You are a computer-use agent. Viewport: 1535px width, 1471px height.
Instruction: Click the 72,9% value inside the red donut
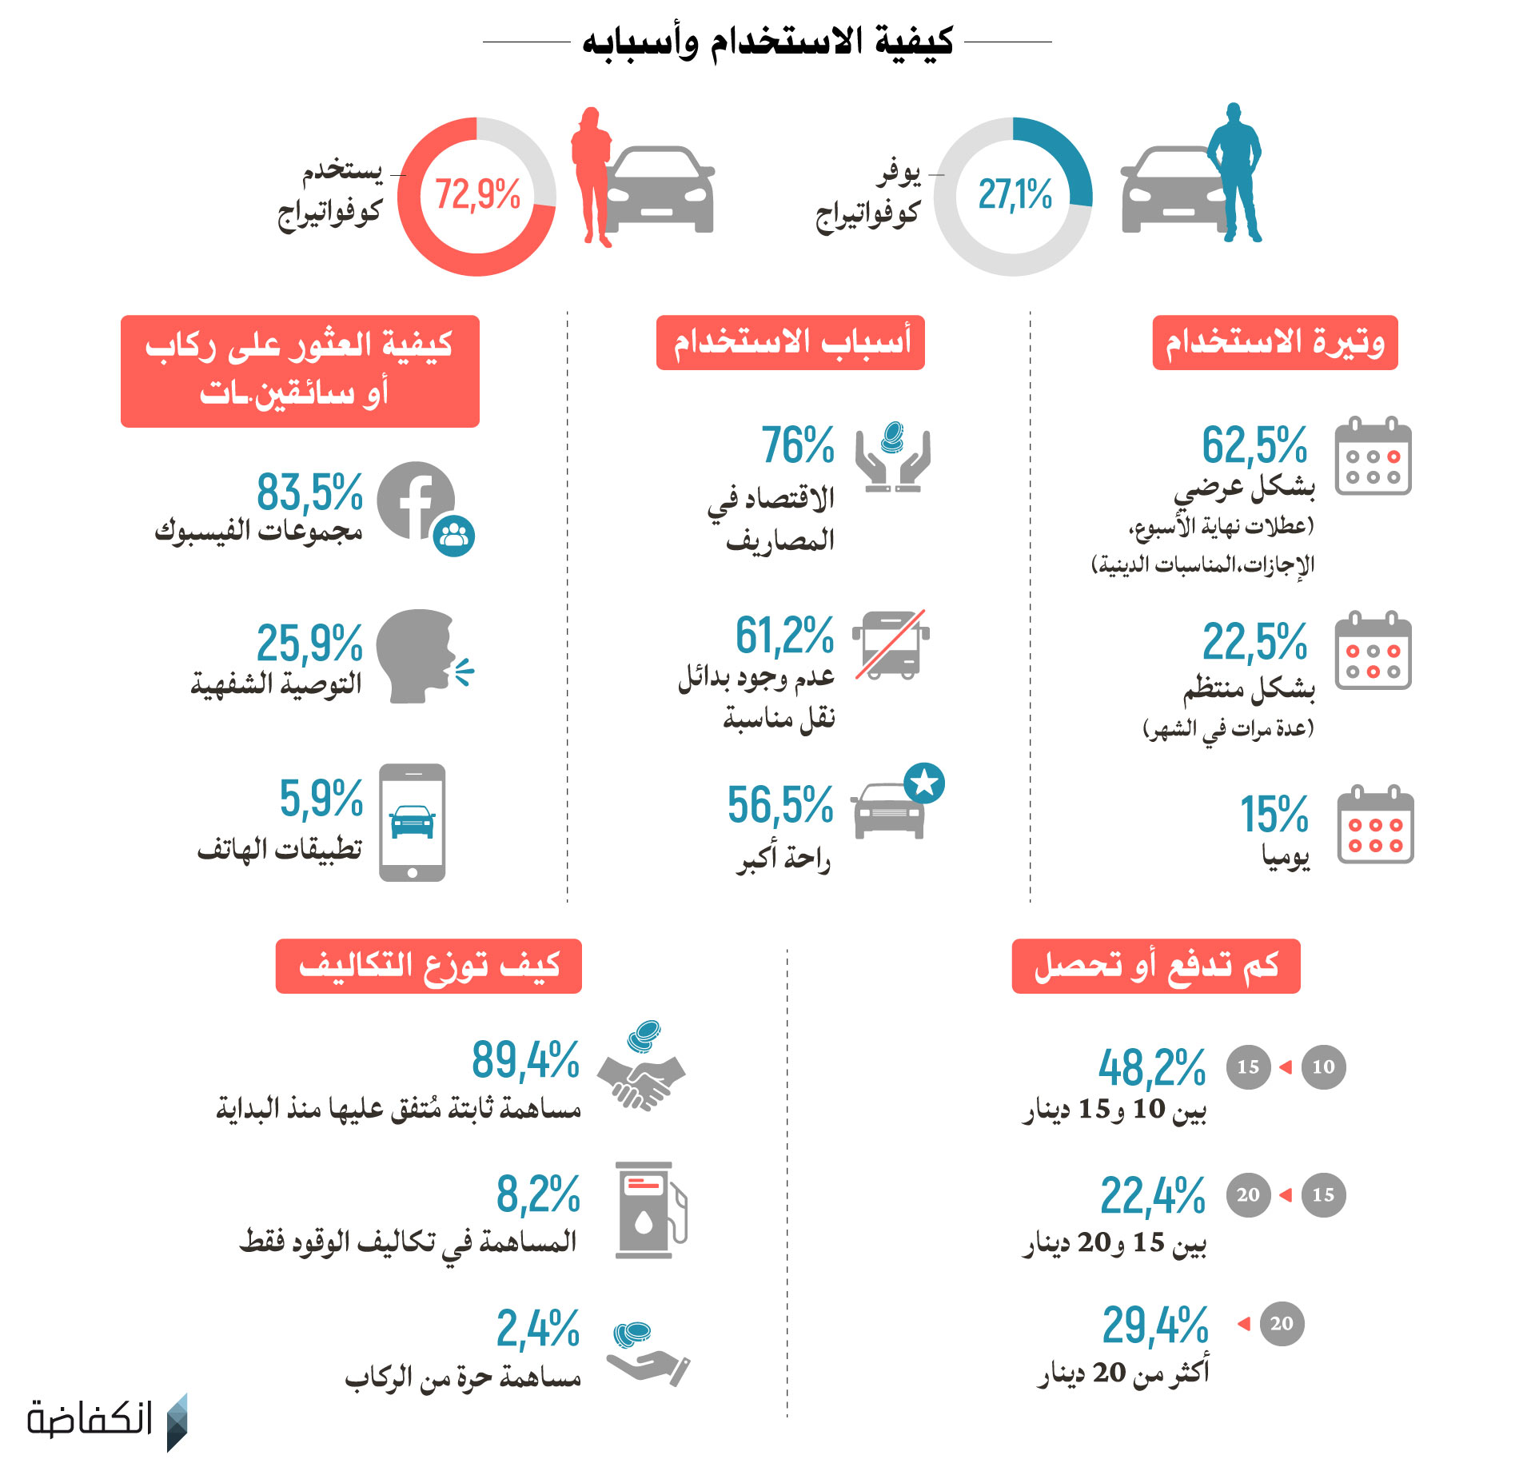point(477,194)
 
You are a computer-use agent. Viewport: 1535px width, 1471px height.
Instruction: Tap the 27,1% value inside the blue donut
point(1015,194)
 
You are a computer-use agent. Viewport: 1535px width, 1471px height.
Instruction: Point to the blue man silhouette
point(1235,173)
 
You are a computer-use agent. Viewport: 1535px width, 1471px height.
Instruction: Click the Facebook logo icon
point(415,500)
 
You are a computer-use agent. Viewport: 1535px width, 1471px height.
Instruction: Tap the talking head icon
point(416,656)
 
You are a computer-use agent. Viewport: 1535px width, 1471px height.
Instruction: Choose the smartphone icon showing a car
point(412,823)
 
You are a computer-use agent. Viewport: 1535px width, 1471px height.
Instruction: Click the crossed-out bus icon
point(891,644)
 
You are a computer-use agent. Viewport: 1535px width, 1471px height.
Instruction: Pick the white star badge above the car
point(924,783)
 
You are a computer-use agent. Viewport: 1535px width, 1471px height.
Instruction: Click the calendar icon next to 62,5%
point(1373,456)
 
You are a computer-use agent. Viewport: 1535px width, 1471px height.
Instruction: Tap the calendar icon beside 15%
point(1375,825)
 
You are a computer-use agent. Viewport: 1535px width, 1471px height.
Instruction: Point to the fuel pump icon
point(648,1210)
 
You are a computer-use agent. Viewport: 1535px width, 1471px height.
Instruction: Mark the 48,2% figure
point(1151,1068)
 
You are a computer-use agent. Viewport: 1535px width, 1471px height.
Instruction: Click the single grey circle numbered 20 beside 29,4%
point(1282,1324)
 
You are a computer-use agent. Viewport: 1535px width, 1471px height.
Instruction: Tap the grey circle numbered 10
point(1323,1066)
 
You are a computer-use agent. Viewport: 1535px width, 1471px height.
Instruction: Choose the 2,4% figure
point(537,1329)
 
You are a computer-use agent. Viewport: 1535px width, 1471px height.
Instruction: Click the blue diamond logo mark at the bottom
point(177,1422)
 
